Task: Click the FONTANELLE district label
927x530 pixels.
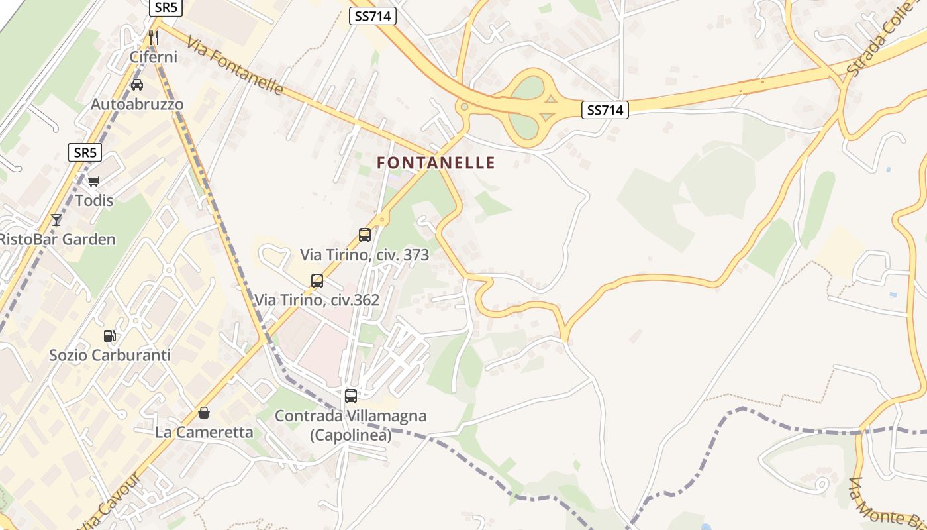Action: click(x=436, y=162)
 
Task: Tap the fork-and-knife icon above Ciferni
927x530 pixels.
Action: click(x=154, y=37)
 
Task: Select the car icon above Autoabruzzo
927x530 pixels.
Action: click(x=137, y=85)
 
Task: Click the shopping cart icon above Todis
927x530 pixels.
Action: click(x=94, y=181)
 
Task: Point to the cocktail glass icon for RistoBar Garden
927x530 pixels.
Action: click(x=56, y=220)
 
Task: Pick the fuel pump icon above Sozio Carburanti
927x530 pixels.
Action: click(x=110, y=336)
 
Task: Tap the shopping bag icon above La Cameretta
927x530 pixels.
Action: click(x=204, y=413)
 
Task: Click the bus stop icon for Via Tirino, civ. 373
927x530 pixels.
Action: click(x=365, y=235)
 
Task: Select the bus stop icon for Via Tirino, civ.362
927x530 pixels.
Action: click(x=317, y=280)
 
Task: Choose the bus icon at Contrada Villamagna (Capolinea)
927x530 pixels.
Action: click(x=351, y=396)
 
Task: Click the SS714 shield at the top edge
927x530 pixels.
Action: click(x=373, y=17)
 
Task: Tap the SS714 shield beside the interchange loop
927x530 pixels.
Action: click(x=605, y=110)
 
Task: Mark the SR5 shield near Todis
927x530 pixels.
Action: click(x=85, y=152)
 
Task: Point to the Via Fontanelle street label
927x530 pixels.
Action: click(x=235, y=66)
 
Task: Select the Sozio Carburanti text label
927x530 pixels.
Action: click(x=110, y=355)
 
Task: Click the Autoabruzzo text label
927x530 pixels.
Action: click(x=137, y=105)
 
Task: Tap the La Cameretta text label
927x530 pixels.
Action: click(x=204, y=433)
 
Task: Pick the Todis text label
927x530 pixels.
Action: click(x=94, y=200)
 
